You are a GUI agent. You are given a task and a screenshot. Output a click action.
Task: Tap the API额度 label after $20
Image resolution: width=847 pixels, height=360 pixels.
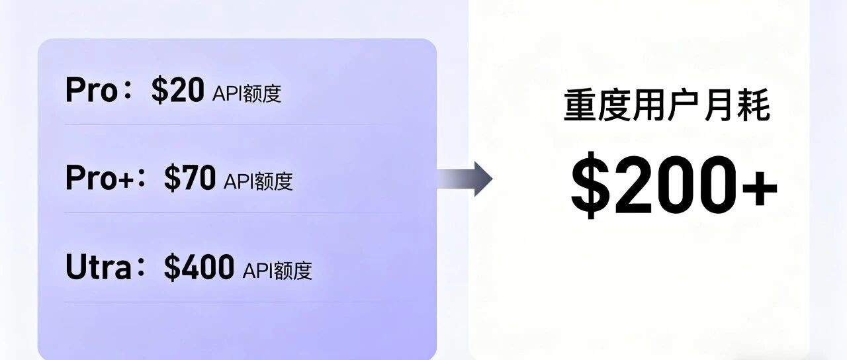pos(247,93)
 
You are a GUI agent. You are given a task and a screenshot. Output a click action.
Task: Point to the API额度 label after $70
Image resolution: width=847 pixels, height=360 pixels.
pos(258,181)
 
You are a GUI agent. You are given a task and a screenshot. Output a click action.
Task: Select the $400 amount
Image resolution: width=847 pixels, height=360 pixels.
pos(199,267)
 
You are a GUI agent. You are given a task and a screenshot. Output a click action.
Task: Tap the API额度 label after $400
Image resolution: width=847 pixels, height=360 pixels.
pos(277,270)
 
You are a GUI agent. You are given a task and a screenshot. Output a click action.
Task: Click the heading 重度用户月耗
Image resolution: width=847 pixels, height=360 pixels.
pos(666,108)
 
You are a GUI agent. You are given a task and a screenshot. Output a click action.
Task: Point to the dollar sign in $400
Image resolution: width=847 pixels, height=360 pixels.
pos(171,267)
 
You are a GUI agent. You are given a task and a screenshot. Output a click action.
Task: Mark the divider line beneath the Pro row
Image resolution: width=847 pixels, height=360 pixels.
pos(225,124)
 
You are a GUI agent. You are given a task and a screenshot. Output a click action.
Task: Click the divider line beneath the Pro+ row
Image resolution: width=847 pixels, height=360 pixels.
pos(225,212)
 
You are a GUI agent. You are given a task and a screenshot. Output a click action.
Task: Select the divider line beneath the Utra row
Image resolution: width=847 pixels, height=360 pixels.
pos(225,302)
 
